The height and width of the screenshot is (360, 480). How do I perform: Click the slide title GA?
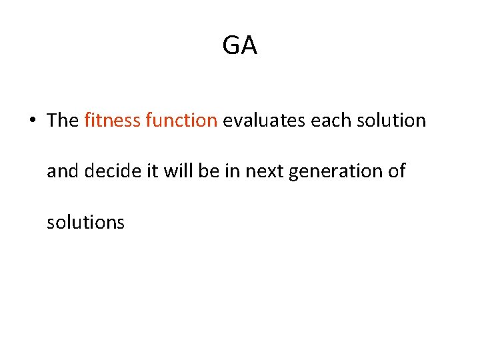239,46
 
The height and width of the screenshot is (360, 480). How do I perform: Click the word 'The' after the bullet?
63,120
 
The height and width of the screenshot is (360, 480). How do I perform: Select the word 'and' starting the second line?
63,171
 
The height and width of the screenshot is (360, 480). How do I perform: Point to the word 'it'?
152,171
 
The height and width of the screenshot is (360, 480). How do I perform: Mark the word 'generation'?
337,172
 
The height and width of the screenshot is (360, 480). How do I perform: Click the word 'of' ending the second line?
397,171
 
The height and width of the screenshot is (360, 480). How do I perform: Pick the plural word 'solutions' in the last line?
85,222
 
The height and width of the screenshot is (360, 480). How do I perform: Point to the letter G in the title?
231,46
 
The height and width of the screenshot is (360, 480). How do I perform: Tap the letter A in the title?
249,46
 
